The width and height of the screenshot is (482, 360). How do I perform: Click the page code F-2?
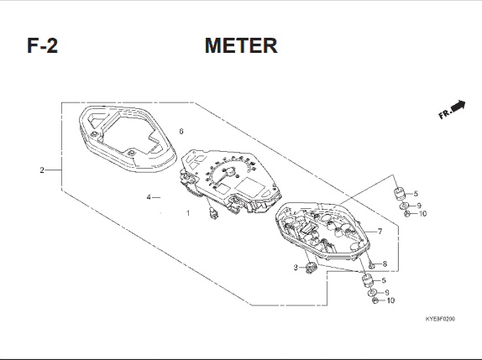(43, 45)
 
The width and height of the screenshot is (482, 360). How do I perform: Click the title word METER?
(241, 45)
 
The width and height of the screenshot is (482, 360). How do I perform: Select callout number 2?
(42, 170)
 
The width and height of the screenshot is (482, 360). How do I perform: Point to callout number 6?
(181, 132)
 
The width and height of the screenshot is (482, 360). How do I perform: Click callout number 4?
(149, 197)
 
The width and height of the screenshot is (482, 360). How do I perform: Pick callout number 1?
(188, 213)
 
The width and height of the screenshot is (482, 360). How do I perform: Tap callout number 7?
(380, 232)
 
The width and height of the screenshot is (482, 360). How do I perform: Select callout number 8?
(385, 263)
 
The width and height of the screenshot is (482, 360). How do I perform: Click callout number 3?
(296, 268)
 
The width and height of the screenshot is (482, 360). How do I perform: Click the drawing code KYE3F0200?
(440, 319)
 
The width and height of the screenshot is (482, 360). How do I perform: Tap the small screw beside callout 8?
(372, 264)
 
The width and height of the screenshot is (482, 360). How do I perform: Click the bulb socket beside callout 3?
(312, 268)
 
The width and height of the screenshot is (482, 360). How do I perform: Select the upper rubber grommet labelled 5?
(400, 194)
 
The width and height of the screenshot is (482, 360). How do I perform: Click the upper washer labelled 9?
(405, 206)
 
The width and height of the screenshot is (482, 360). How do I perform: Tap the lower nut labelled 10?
(375, 300)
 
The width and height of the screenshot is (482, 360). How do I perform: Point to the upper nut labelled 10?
(406, 214)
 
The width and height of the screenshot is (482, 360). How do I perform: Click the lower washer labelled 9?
(372, 292)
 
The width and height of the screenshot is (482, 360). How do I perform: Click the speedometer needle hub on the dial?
(229, 171)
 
